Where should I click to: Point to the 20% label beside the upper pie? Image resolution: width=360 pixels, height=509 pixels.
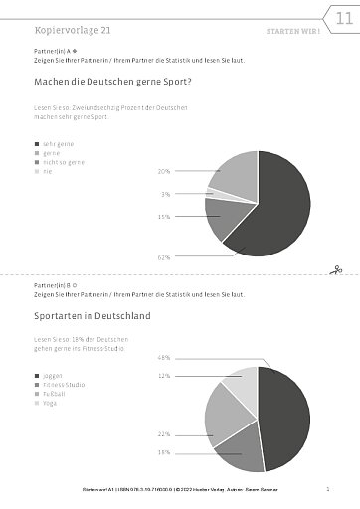click(x=163, y=171)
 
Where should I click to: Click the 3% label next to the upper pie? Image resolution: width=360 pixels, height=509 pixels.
click(x=165, y=194)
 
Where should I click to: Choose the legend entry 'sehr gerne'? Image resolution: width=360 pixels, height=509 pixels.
click(x=56, y=145)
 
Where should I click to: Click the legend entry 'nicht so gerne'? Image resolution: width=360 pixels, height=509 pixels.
click(x=61, y=162)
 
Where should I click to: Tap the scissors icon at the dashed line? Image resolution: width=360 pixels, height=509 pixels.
click(x=337, y=268)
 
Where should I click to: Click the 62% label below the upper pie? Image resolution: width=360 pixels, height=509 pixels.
click(x=164, y=257)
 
